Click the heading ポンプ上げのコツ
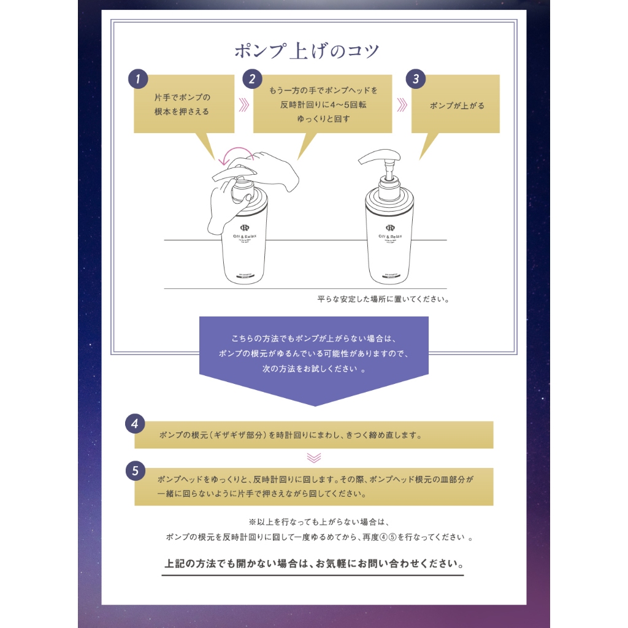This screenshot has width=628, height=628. [x=307, y=50]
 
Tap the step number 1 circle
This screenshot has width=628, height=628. [x=139, y=79]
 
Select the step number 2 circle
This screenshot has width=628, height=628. [x=251, y=79]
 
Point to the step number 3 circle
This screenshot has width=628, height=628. [x=416, y=79]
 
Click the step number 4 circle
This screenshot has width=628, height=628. [x=134, y=424]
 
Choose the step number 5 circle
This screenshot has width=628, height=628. [x=134, y=471]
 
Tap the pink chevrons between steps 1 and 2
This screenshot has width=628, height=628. [x=243, y=105]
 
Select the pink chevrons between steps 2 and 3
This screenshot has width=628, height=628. [x=402, y=105]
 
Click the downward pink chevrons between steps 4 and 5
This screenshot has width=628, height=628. [x=314, y=458]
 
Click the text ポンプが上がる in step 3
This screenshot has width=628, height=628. [x=457, y=105]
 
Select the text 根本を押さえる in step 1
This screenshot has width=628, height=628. [x=182, y=112]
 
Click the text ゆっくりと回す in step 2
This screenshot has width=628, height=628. [x=323, y=119]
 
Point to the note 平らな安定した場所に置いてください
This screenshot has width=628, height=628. [x=383, y=300]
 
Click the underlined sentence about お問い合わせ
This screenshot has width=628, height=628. [x=313, y=563]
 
